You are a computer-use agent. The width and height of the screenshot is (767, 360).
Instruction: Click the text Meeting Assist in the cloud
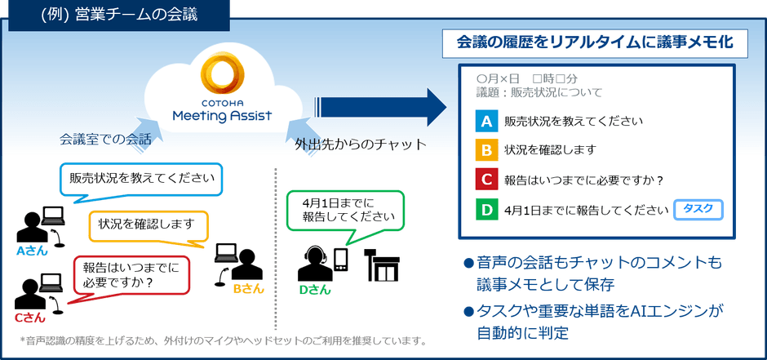point(222,115)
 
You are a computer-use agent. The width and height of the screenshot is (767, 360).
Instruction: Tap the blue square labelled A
point(486,122)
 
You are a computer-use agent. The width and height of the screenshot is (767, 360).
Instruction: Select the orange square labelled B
point(486,151)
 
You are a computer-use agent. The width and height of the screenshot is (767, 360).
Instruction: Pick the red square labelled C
point(486,180)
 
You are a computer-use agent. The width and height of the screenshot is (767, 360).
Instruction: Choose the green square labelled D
point(486,210)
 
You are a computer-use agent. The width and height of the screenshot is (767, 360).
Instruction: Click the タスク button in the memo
point(698,209)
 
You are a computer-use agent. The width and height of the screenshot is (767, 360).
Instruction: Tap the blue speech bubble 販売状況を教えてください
point(142,178)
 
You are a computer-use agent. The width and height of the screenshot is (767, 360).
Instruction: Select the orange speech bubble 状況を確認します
point(147,223)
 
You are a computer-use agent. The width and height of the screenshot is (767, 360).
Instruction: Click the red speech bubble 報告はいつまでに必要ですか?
point(131,273)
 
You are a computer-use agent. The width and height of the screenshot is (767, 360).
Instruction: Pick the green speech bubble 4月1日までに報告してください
point(344,210)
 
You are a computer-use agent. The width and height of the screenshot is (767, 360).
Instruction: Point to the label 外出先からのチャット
point(360,144)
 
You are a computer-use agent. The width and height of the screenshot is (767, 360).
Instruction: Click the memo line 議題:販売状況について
point(539,91)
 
